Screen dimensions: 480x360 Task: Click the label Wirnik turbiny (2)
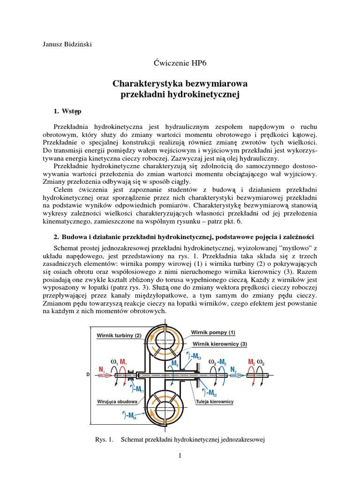[119, 336]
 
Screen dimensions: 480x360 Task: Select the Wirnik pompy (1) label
[213, 332]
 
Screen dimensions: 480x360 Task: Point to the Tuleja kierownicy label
[215, 402]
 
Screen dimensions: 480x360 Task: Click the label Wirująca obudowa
[117, 402]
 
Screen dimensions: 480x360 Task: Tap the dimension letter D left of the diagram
[88, 375]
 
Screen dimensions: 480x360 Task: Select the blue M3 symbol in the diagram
[175, 363]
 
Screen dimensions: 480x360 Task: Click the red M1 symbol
[123, 362]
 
